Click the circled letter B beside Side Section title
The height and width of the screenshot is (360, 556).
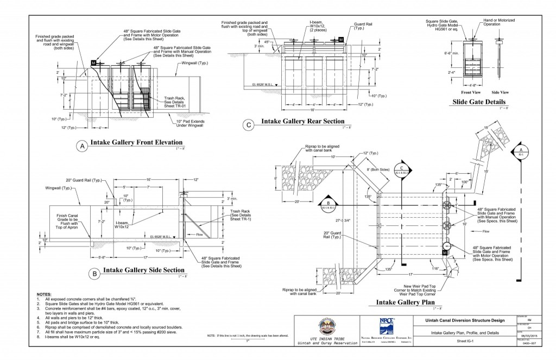[x=95, y=274]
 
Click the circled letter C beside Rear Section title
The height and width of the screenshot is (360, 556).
[x=249, y=125]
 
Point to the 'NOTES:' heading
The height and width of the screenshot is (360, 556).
[x=44, y=294]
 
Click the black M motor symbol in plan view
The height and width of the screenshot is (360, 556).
[x=445, y=252]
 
